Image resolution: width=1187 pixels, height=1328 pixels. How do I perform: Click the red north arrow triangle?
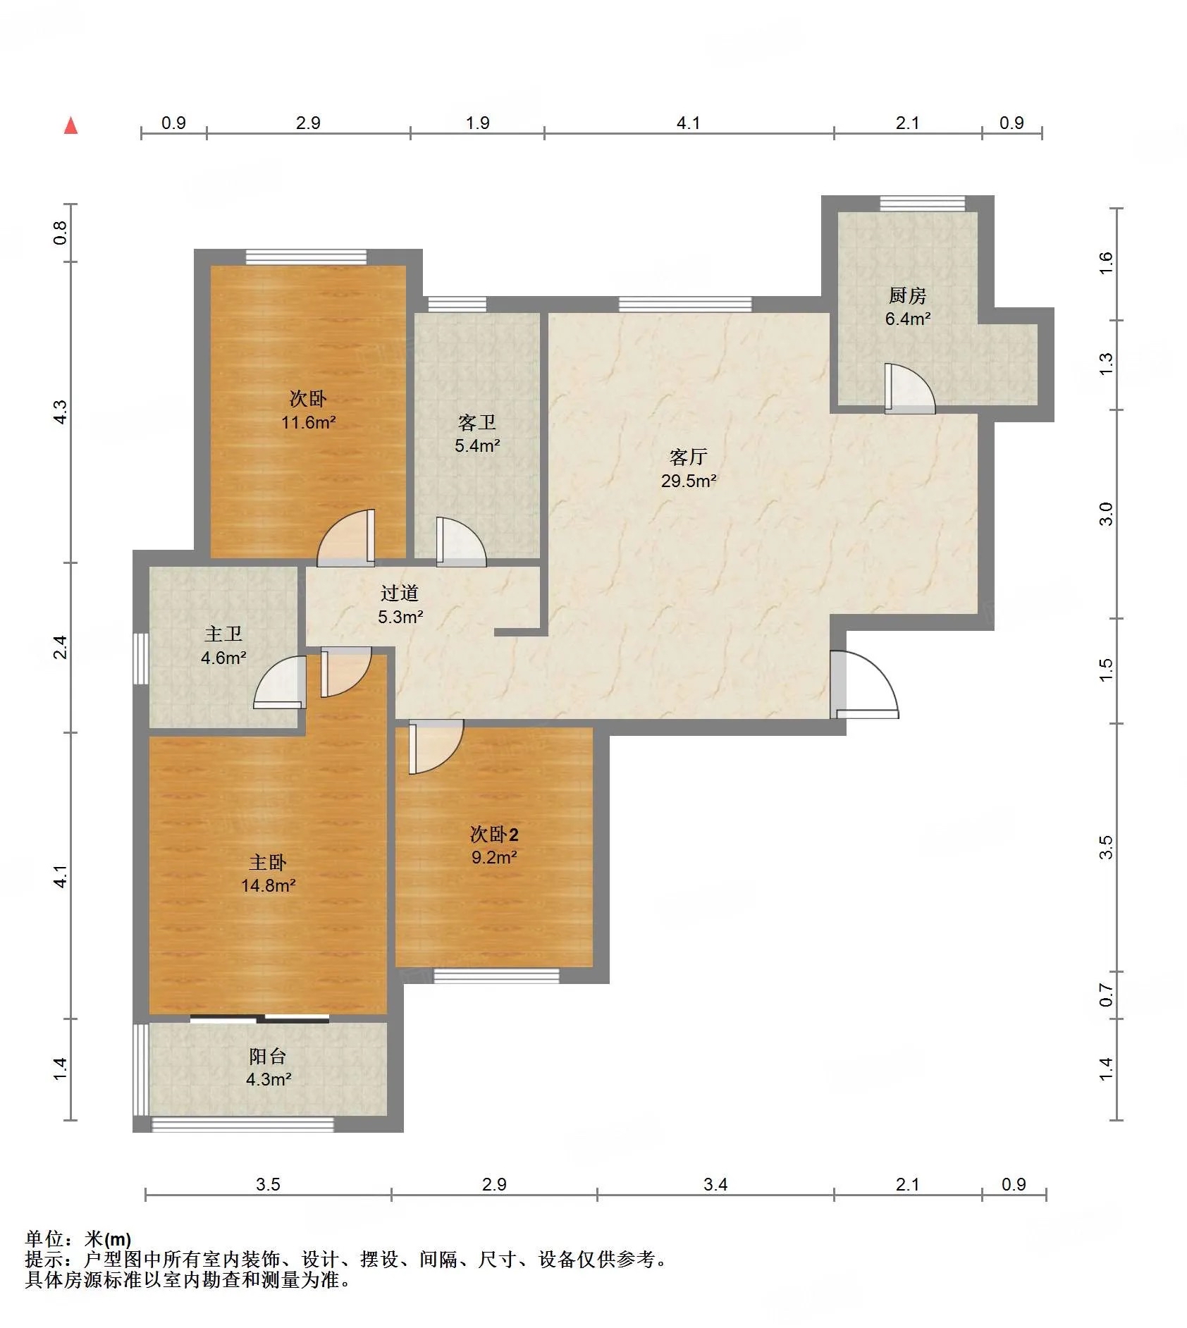(x=70, y=125)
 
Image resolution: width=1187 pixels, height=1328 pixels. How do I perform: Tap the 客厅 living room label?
(x=688, y=457)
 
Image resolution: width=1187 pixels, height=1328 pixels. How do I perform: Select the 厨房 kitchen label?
(x=907, y=295)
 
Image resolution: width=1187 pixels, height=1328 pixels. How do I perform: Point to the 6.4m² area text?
(x=908, y=319)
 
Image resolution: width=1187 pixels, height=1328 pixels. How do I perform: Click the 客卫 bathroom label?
(x=477, y=422)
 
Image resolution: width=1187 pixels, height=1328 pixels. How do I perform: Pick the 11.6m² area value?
(x=309, y=422)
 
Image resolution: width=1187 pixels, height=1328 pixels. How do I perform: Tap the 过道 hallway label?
(x=400, y=594)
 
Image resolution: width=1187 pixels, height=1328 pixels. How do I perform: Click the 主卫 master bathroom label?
(x=223, y=634)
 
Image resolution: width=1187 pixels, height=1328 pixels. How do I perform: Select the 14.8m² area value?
(x=269, y=885)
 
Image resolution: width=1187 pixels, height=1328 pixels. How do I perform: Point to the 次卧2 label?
(x=494, y=835)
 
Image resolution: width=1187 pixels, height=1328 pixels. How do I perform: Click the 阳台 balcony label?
(x=268, y=1056)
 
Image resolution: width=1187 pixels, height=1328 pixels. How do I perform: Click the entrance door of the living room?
(x=864, y=684)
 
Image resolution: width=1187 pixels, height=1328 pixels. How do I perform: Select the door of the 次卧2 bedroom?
(x=436, y=746)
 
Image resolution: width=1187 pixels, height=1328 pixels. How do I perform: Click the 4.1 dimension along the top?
(x=688, y=123)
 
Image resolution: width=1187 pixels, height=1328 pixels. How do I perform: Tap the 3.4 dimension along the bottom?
(x=715, y=1184)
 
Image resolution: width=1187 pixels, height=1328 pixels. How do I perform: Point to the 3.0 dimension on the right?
(x=1105, y=514)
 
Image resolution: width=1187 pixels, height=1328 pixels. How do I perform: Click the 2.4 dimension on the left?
(x=61, y=647)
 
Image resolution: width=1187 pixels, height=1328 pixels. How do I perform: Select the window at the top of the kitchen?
(x=922, y=204)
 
